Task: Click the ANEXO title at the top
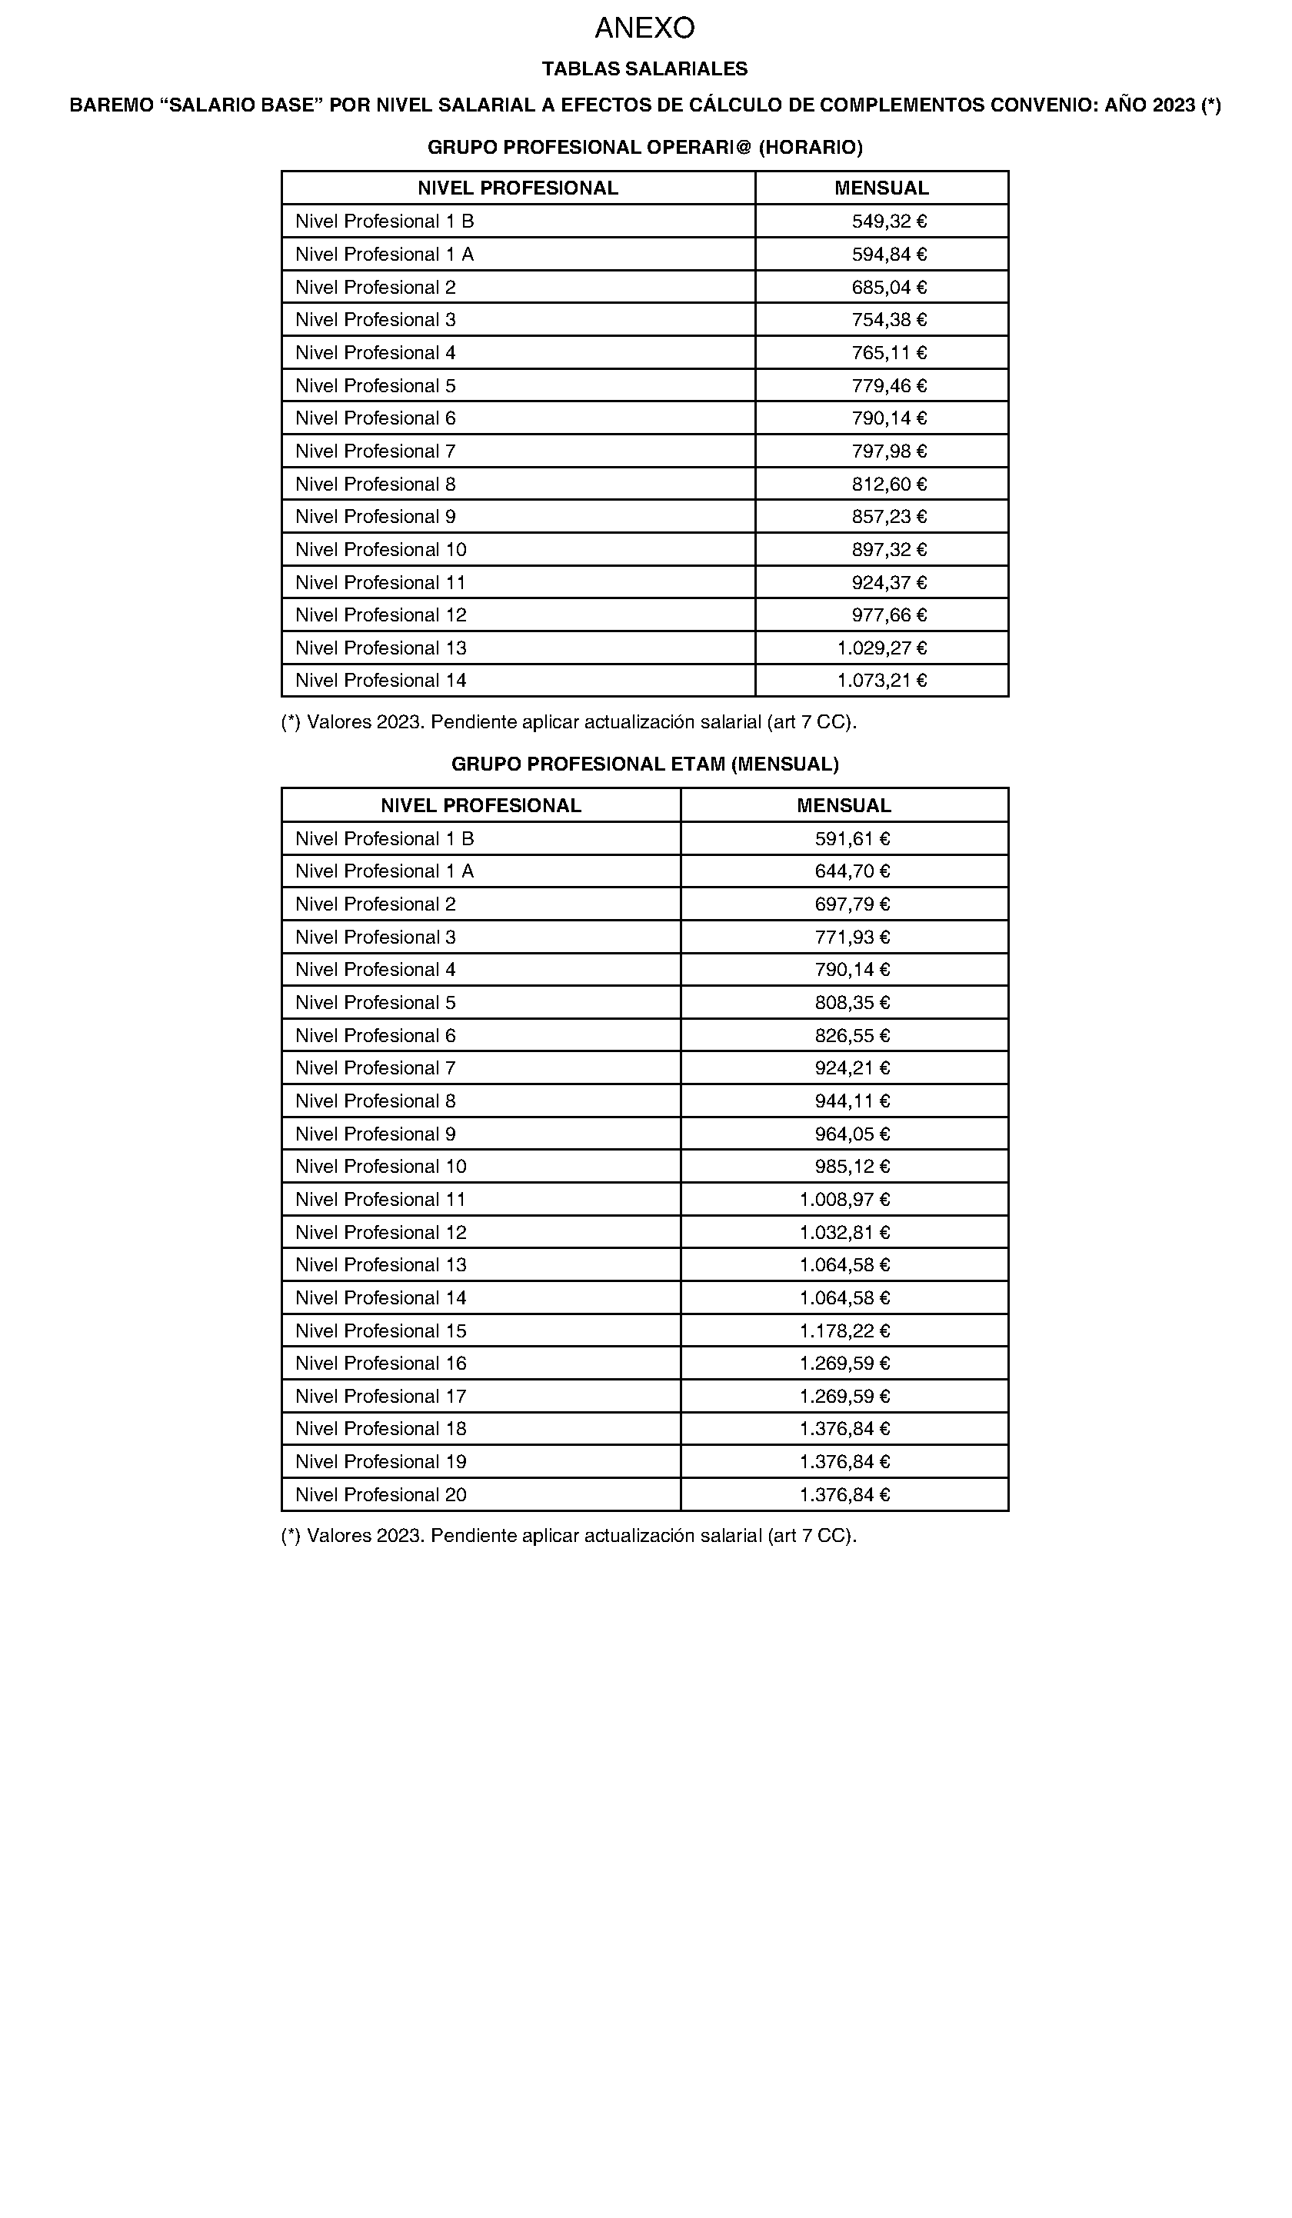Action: click(x=644, y=28)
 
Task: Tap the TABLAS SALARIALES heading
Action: click(x=644, y=68)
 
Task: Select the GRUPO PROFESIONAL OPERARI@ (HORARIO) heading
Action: click(x=644, y=147)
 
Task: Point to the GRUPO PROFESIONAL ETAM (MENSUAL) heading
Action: click(x=644, y=764)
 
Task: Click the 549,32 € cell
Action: click(x=889, y=221)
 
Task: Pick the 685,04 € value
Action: click(x=889, y=287)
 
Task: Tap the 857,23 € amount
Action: click(x=889, y=517)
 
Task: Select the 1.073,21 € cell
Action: click(x=882, y=681)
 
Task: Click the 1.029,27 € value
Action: click(x=882, y=648)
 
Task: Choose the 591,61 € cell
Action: click(x=852, y=839)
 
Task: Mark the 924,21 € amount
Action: click(x=852, y=1067)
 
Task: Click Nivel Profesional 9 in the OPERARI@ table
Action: click(x=375, y=517)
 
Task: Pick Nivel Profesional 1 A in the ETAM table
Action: click(x=384, y=871)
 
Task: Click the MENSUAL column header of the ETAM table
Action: click(x=844, y=805)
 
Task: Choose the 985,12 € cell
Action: click(x=852, y=1166)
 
